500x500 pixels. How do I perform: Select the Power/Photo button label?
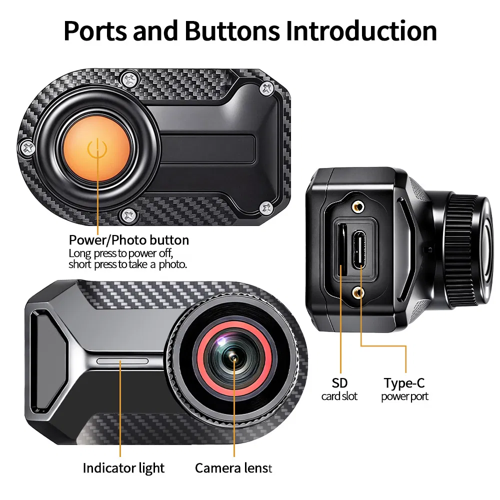[x=129, y=240]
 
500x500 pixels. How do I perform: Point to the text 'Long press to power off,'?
[x=120, y=253]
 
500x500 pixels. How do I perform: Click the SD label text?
[x=339, y=383]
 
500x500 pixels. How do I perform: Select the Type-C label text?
[x=404, y=383]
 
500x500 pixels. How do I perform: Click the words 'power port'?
[x=404, y=396]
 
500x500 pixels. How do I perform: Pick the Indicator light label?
[x=123, y=468]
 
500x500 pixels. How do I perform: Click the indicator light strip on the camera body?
[x=122, y=361]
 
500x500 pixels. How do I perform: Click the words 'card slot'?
[x=339, y=396]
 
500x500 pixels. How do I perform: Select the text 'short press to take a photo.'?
[x=128, y=264]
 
